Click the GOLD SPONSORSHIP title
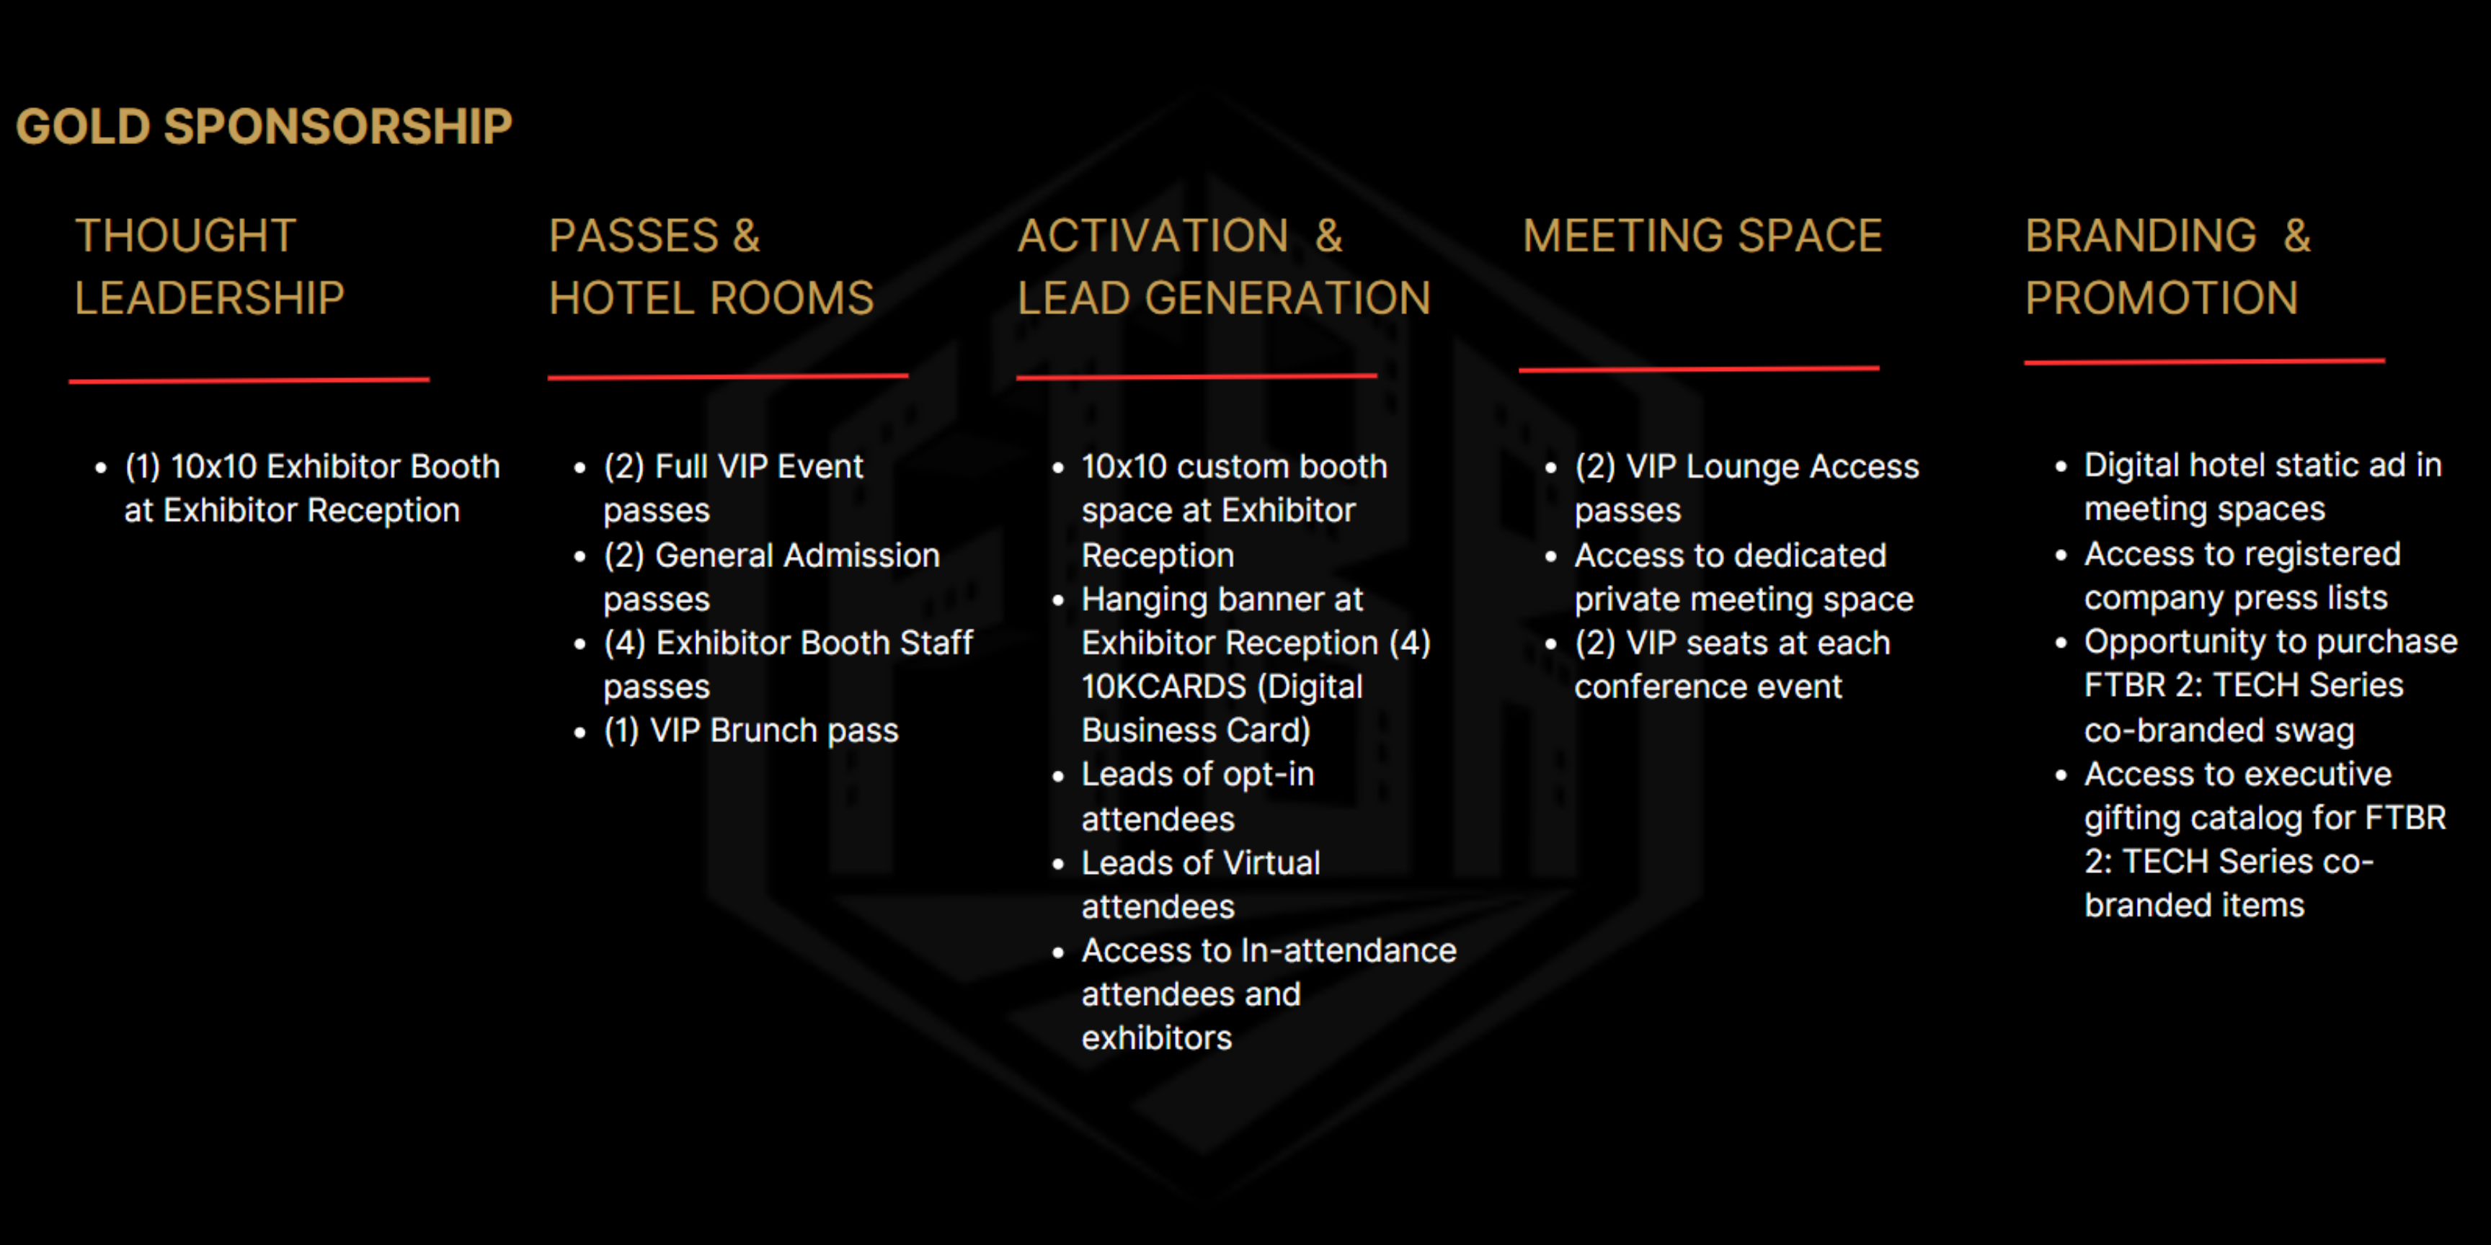[x=264, y=127]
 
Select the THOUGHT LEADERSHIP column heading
[x=210, y=267]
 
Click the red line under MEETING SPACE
[x=1699, y=368]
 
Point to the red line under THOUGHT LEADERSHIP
[x=249, y=380]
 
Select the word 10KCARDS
[x=1164, y=687]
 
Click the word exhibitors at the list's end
[x=1157, y=1038]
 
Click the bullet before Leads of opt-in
[x=1058, y=776]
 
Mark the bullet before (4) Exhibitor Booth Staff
[x=580, y=645]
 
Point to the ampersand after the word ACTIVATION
[x=1328, y=236]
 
